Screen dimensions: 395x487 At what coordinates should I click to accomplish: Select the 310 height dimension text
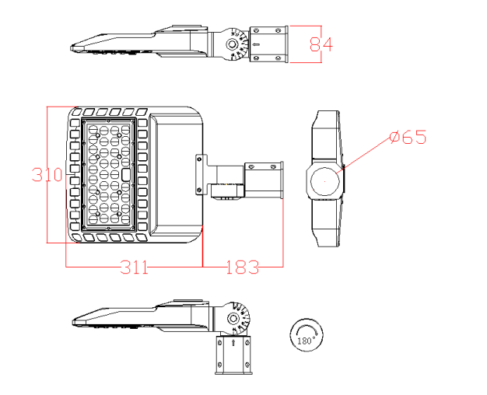pos(47,174)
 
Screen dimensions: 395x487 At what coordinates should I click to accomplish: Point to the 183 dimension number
pos(242,267)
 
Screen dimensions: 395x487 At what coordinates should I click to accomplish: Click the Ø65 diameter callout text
pos(408,138)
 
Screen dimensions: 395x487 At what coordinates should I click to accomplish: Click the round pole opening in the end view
pos(322,183)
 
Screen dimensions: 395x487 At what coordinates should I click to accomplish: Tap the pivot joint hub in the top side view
pos(233,45)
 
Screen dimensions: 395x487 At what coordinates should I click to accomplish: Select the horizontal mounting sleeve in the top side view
pos(268,44)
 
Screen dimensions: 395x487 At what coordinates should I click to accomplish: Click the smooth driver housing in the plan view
pos(175,175)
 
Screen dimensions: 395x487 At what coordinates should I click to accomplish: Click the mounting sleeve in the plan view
pos(264,180)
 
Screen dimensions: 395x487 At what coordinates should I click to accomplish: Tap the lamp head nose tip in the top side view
pos(75,47)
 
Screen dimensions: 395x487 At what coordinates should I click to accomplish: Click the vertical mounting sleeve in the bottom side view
pos(234,355)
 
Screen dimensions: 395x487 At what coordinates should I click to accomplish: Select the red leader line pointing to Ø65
pos(366,153)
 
